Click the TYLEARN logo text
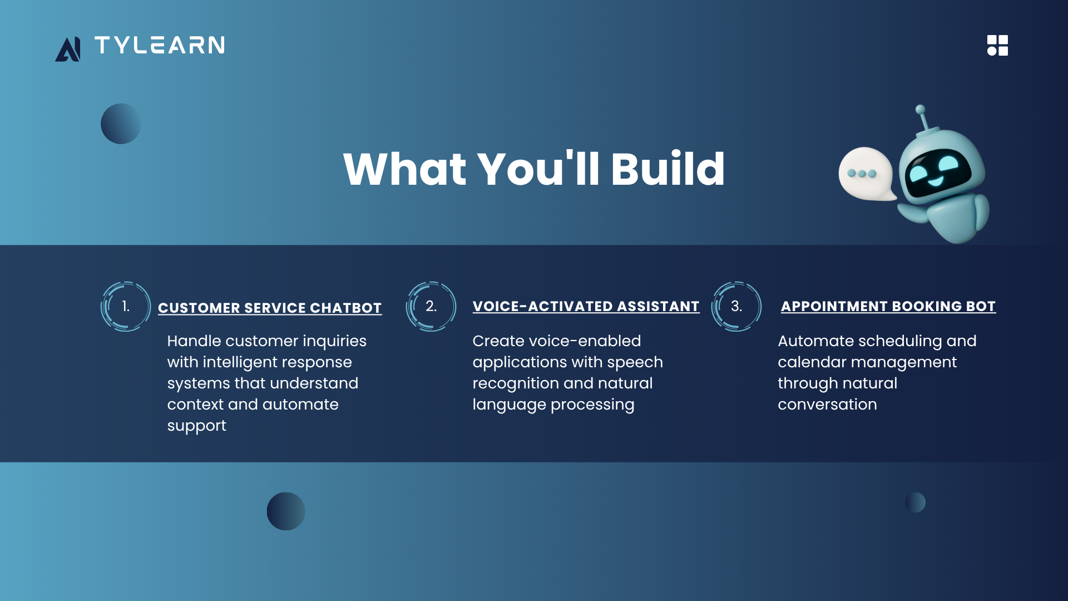click(160, 45)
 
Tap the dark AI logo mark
click(68, 49)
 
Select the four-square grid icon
click(997, 46)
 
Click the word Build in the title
click(667, 169)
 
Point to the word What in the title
click(405, 169)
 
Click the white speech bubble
click(867, 174)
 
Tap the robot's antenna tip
click(921, 109)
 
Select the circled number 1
click(126, 306)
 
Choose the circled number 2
click(431, 306)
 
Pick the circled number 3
click(736, 306)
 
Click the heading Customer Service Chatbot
click(270, 308)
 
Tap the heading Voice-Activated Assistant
click(586, 306)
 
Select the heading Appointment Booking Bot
click(888, 306)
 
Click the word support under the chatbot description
click(197, 426)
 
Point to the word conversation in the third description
click(827, 405)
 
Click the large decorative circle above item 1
click(121, 124)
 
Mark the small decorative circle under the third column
click(915, 503)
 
